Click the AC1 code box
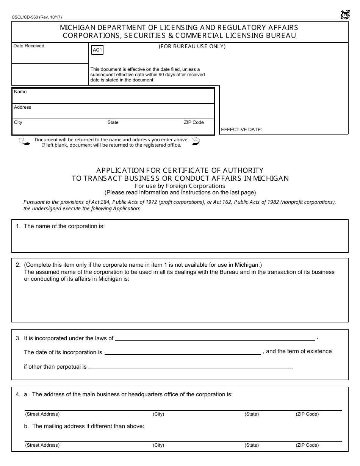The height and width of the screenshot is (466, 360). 97,50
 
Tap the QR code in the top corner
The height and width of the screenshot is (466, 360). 344,15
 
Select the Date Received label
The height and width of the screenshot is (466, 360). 29,46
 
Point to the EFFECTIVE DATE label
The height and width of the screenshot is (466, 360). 241,130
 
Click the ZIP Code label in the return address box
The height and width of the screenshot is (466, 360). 194,122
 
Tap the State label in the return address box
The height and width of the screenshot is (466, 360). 113,122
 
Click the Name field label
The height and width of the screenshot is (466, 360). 20,92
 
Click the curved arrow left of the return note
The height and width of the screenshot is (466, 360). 24,142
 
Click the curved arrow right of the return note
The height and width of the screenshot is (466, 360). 196,141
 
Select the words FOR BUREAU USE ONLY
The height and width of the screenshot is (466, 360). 192,47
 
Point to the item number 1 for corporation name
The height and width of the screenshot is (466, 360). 18,226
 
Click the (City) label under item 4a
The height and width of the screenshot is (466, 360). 158,414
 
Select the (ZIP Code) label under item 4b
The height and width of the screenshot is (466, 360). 307,445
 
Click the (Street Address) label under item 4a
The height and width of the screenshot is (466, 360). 42,414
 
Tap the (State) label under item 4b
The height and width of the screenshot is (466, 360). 252,445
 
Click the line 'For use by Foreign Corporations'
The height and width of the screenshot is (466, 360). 180,186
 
